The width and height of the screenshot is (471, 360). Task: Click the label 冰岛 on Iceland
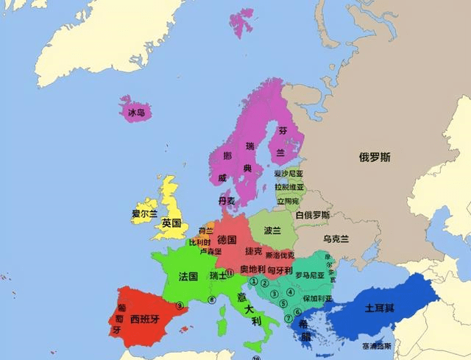pos(136,113)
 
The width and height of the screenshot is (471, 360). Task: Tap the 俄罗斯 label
pos(375,157)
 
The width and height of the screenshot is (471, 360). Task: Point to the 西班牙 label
pos(144,320)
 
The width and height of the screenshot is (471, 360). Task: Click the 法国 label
pos(188,277)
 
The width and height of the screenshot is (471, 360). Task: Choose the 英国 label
pos(171,223)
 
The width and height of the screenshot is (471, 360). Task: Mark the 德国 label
pos(227,240)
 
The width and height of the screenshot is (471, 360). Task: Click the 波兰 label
pos(272,230)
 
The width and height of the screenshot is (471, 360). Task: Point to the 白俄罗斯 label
pos(313,215)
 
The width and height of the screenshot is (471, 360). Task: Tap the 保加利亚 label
pos(317,299)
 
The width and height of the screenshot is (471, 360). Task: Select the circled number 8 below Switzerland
pos(211,299)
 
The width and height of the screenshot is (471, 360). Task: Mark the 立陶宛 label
pos(288,200)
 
